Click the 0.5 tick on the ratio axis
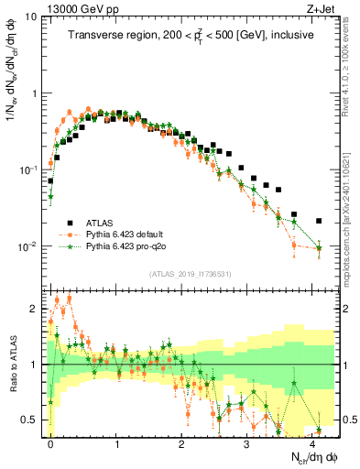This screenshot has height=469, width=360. click(29, 420)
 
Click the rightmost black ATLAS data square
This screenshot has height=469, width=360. click(319, 221)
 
